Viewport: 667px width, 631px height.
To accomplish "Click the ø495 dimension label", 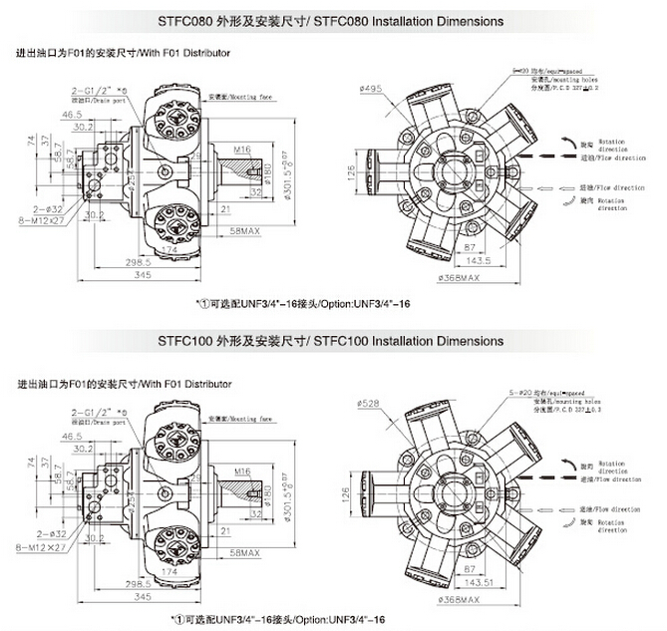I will (x=372, y=89).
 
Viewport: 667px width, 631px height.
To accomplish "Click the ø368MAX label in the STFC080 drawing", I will (x=461, y=278).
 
